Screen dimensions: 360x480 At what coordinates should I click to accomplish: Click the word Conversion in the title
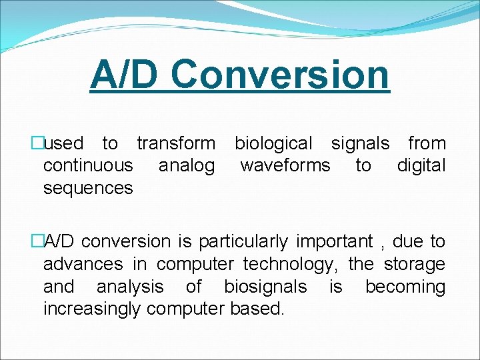(280, 75)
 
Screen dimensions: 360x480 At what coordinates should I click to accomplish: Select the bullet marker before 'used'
(37, 143)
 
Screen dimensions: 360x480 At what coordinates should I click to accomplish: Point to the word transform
(176, 143)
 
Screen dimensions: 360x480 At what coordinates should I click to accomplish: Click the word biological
(273, 143)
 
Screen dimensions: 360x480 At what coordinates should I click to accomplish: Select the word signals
(361, 143)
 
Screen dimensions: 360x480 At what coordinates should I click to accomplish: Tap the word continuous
(88, 165)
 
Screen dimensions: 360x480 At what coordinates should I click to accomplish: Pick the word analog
(187, 165)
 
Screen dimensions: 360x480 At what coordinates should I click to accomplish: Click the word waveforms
(285, 165)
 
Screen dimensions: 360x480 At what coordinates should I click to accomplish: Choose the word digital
(421, 165)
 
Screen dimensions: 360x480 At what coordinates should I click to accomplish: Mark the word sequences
(88, 188)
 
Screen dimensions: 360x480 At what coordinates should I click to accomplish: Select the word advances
(83, 265)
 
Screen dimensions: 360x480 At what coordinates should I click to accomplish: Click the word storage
(414, 265)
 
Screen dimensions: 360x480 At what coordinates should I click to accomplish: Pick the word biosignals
(265, 287)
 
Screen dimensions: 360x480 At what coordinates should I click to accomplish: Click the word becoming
(405, 287)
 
